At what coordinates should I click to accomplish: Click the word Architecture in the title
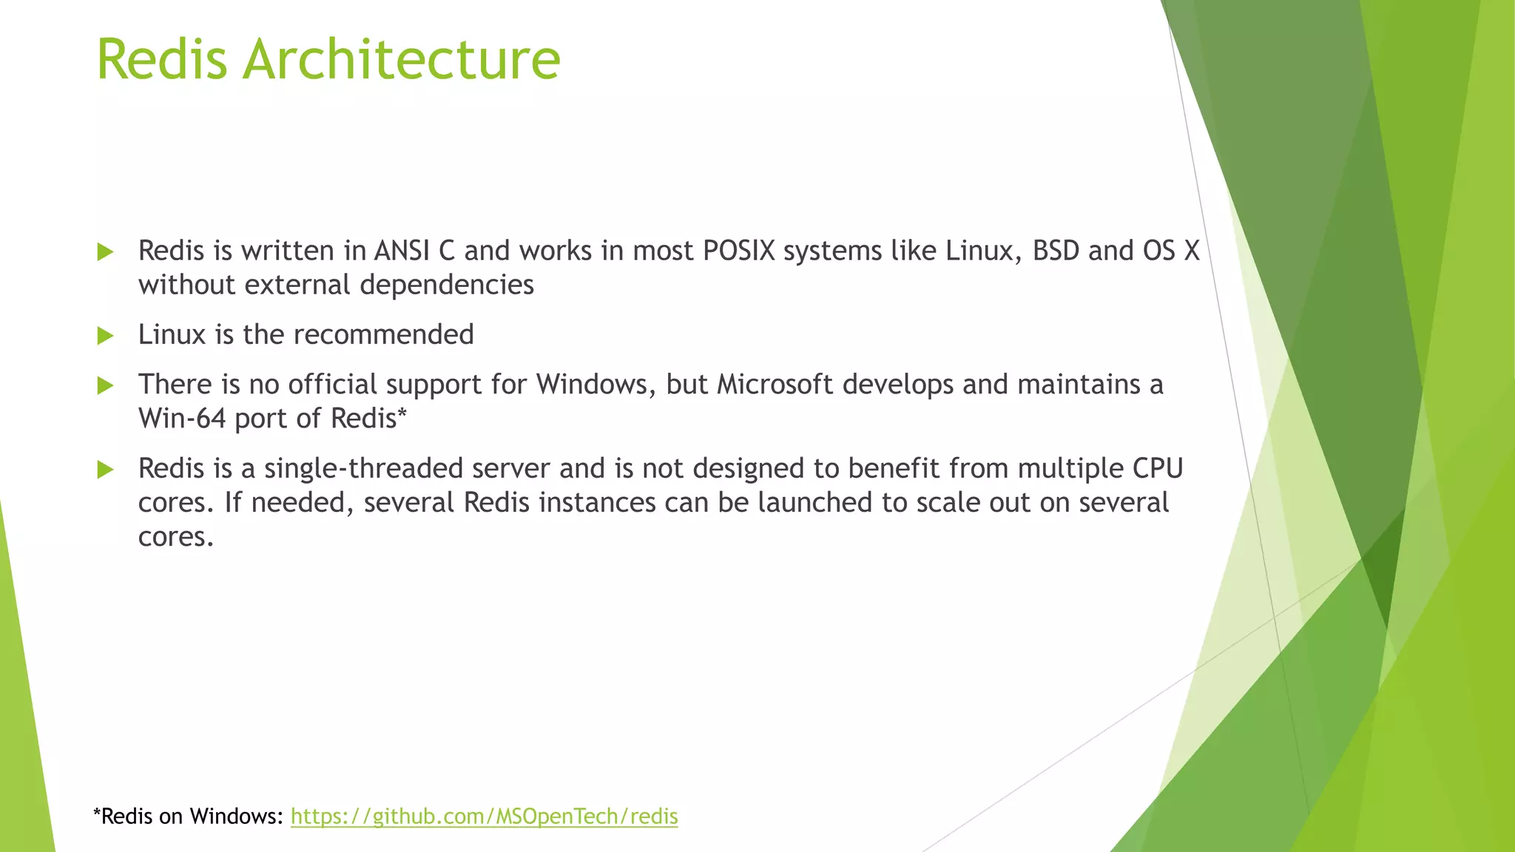pyautogui.click(x=402, y=59)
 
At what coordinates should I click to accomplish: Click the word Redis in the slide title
pyautogui.click(x=162, y=59)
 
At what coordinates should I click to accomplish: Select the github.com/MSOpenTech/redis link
pyautogui.click(x=484, y=816)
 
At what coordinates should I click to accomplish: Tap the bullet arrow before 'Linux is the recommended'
pyautogui.click(x=105, y=336)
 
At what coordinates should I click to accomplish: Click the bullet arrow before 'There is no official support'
pyautogui.click(x=105, y=385)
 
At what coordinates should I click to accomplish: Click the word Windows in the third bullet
pyautogui.click(x=591, y=385)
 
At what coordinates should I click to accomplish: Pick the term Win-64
pyautogui.click(x=181, y=419)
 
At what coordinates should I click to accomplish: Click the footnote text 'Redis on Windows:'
pyautogui.click(x=189, y=816)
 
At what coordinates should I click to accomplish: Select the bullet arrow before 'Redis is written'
pyautogui.click(x=105, y=252)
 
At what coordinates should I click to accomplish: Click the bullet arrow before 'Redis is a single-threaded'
pyautogui.click(x=105, y=470)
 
